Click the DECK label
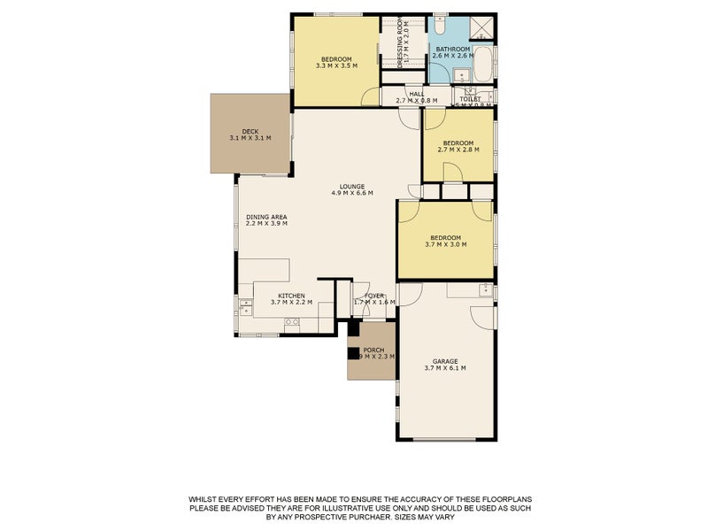coord(250,131)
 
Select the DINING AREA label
coord(266,216)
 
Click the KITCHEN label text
coord(291,296)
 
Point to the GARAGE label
coord(444,361)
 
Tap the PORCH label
coord(373,349)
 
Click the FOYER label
coord(374,295)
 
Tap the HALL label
coord(416,94)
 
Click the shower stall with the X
coord(482,27)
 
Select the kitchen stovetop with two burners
coord(292,324)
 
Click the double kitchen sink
coord(244,308)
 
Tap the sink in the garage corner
coord(484,289)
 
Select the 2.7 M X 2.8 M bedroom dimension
coord(458,150)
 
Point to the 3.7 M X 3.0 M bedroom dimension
coord(445,244)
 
